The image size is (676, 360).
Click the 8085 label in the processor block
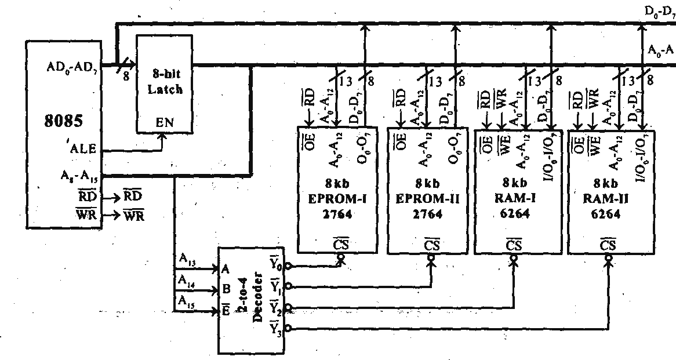63,122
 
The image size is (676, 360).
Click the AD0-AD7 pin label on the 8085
72,67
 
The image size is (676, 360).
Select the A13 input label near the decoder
186,262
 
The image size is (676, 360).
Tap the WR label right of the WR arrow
134,217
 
